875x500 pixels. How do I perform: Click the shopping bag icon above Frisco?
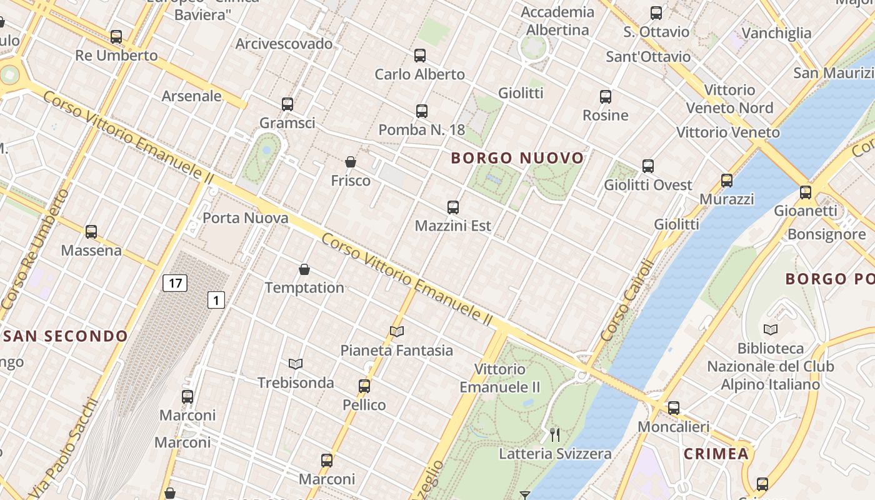351,162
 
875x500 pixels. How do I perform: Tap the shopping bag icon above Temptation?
304,269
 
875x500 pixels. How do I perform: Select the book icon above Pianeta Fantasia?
397,331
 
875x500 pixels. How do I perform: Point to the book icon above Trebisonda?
296,364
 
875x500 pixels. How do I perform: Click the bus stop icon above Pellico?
364,386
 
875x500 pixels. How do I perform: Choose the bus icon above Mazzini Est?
453,207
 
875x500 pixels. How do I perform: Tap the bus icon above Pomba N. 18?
422,111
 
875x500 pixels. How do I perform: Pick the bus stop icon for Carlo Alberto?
420,56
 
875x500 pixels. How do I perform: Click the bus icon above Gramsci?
287,104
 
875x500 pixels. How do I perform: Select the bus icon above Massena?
91,232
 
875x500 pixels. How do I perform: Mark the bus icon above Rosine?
606,97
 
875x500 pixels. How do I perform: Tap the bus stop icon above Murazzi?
727,181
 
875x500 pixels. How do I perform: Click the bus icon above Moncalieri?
673,408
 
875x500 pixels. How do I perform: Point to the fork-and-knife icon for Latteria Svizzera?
554,434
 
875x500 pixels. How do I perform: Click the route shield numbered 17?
175,283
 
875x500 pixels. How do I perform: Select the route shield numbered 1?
216,301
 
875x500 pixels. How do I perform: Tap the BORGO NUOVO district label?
517,158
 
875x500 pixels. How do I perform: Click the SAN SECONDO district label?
66,336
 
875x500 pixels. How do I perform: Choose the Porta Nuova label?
246,218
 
